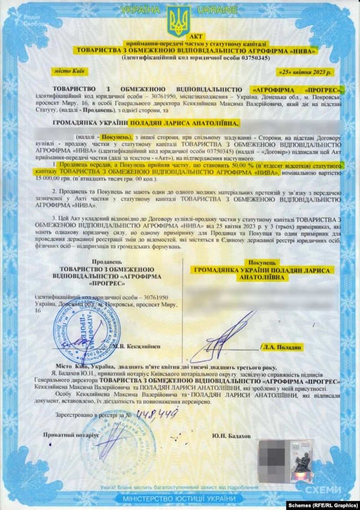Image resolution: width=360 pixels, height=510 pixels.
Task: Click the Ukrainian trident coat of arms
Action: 179,22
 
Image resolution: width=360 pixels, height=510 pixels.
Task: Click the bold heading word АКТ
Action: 181,36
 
